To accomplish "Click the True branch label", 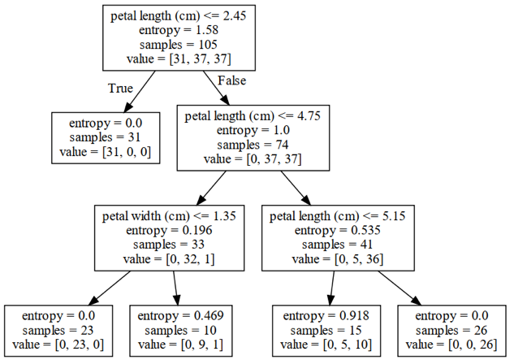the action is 120,89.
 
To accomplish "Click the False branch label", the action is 231,80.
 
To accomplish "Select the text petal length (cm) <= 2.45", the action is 179,16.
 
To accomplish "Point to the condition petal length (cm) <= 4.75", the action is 253,116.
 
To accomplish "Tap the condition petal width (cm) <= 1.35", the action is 169,216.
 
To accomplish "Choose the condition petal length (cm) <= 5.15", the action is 338,216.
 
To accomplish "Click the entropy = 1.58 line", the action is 179,30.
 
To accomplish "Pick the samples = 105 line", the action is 179,45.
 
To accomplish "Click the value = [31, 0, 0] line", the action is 106,152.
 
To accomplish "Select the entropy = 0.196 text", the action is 169,230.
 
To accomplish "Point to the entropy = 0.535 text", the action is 338,230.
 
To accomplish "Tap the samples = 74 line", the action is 253,145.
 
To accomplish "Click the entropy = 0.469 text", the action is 180,316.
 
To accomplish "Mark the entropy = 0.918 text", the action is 326,316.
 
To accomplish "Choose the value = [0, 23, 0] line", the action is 58,345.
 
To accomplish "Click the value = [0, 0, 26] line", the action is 451,345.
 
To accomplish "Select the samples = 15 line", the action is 326,331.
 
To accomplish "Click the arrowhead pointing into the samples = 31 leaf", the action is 127,107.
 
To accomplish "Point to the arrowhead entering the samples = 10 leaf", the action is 177,300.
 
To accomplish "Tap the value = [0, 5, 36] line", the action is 338,259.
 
